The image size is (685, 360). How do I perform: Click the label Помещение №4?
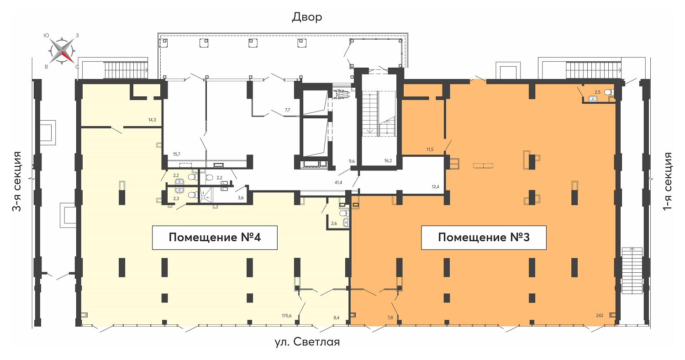215,238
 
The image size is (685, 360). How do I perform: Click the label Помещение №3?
484,238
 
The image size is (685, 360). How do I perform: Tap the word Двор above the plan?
307,17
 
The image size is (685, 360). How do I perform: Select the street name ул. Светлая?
307,342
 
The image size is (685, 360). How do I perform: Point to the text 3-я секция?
17,181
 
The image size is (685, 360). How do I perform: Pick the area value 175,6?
286,316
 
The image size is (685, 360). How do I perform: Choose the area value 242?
599,315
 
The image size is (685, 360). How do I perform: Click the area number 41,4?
338,183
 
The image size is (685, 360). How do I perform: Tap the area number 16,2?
388,160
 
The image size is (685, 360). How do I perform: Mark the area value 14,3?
152,120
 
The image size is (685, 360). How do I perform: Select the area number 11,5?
430,149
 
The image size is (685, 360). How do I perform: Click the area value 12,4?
435,186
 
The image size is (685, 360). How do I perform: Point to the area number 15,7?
176,154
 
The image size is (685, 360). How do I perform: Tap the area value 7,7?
287,110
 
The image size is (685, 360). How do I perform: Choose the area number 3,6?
241,198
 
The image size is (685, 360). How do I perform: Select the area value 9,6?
352,161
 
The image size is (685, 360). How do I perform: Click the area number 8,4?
337,318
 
